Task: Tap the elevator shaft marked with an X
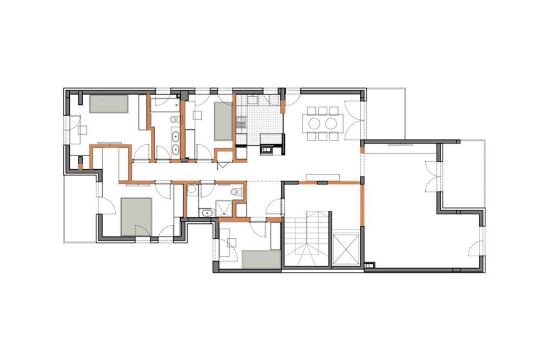pyautogui.click(x=347, y=249)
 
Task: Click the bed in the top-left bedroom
pyautogui.click(x=108, y=104)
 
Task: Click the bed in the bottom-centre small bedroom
pyautogui.click(x=261, y=259)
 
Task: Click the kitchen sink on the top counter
pyautogui.click(x=253, y=100)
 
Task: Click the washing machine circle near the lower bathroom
pyautogui.click(x=191, y=191)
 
